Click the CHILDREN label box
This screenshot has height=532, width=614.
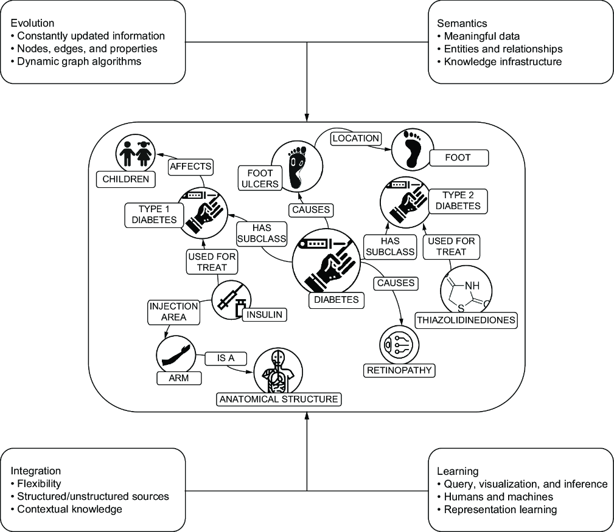point(126,179)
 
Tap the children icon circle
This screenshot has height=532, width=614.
point(136,153)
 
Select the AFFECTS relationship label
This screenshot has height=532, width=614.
point(190,167)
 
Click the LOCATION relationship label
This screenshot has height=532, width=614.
point(356,139)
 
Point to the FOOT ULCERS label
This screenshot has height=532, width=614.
point(260,178)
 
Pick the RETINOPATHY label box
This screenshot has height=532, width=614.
point(399,370)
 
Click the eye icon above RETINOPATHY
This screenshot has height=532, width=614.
point(399,345)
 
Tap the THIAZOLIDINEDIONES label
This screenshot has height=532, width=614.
point(466,320)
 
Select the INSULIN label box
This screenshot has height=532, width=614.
point(264,314)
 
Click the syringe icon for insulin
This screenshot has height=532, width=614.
point(231,300)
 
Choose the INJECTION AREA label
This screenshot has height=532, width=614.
point(174,312)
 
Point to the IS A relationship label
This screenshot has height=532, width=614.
point(226,358)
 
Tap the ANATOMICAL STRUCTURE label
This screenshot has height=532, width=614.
point(279,399)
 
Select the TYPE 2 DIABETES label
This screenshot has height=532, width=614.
point(458,201)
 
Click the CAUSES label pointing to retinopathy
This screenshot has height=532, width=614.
point(396,283)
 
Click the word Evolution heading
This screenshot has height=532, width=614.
point(32,23)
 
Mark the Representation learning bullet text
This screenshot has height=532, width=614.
point(500,510)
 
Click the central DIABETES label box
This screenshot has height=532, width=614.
point(337,300)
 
